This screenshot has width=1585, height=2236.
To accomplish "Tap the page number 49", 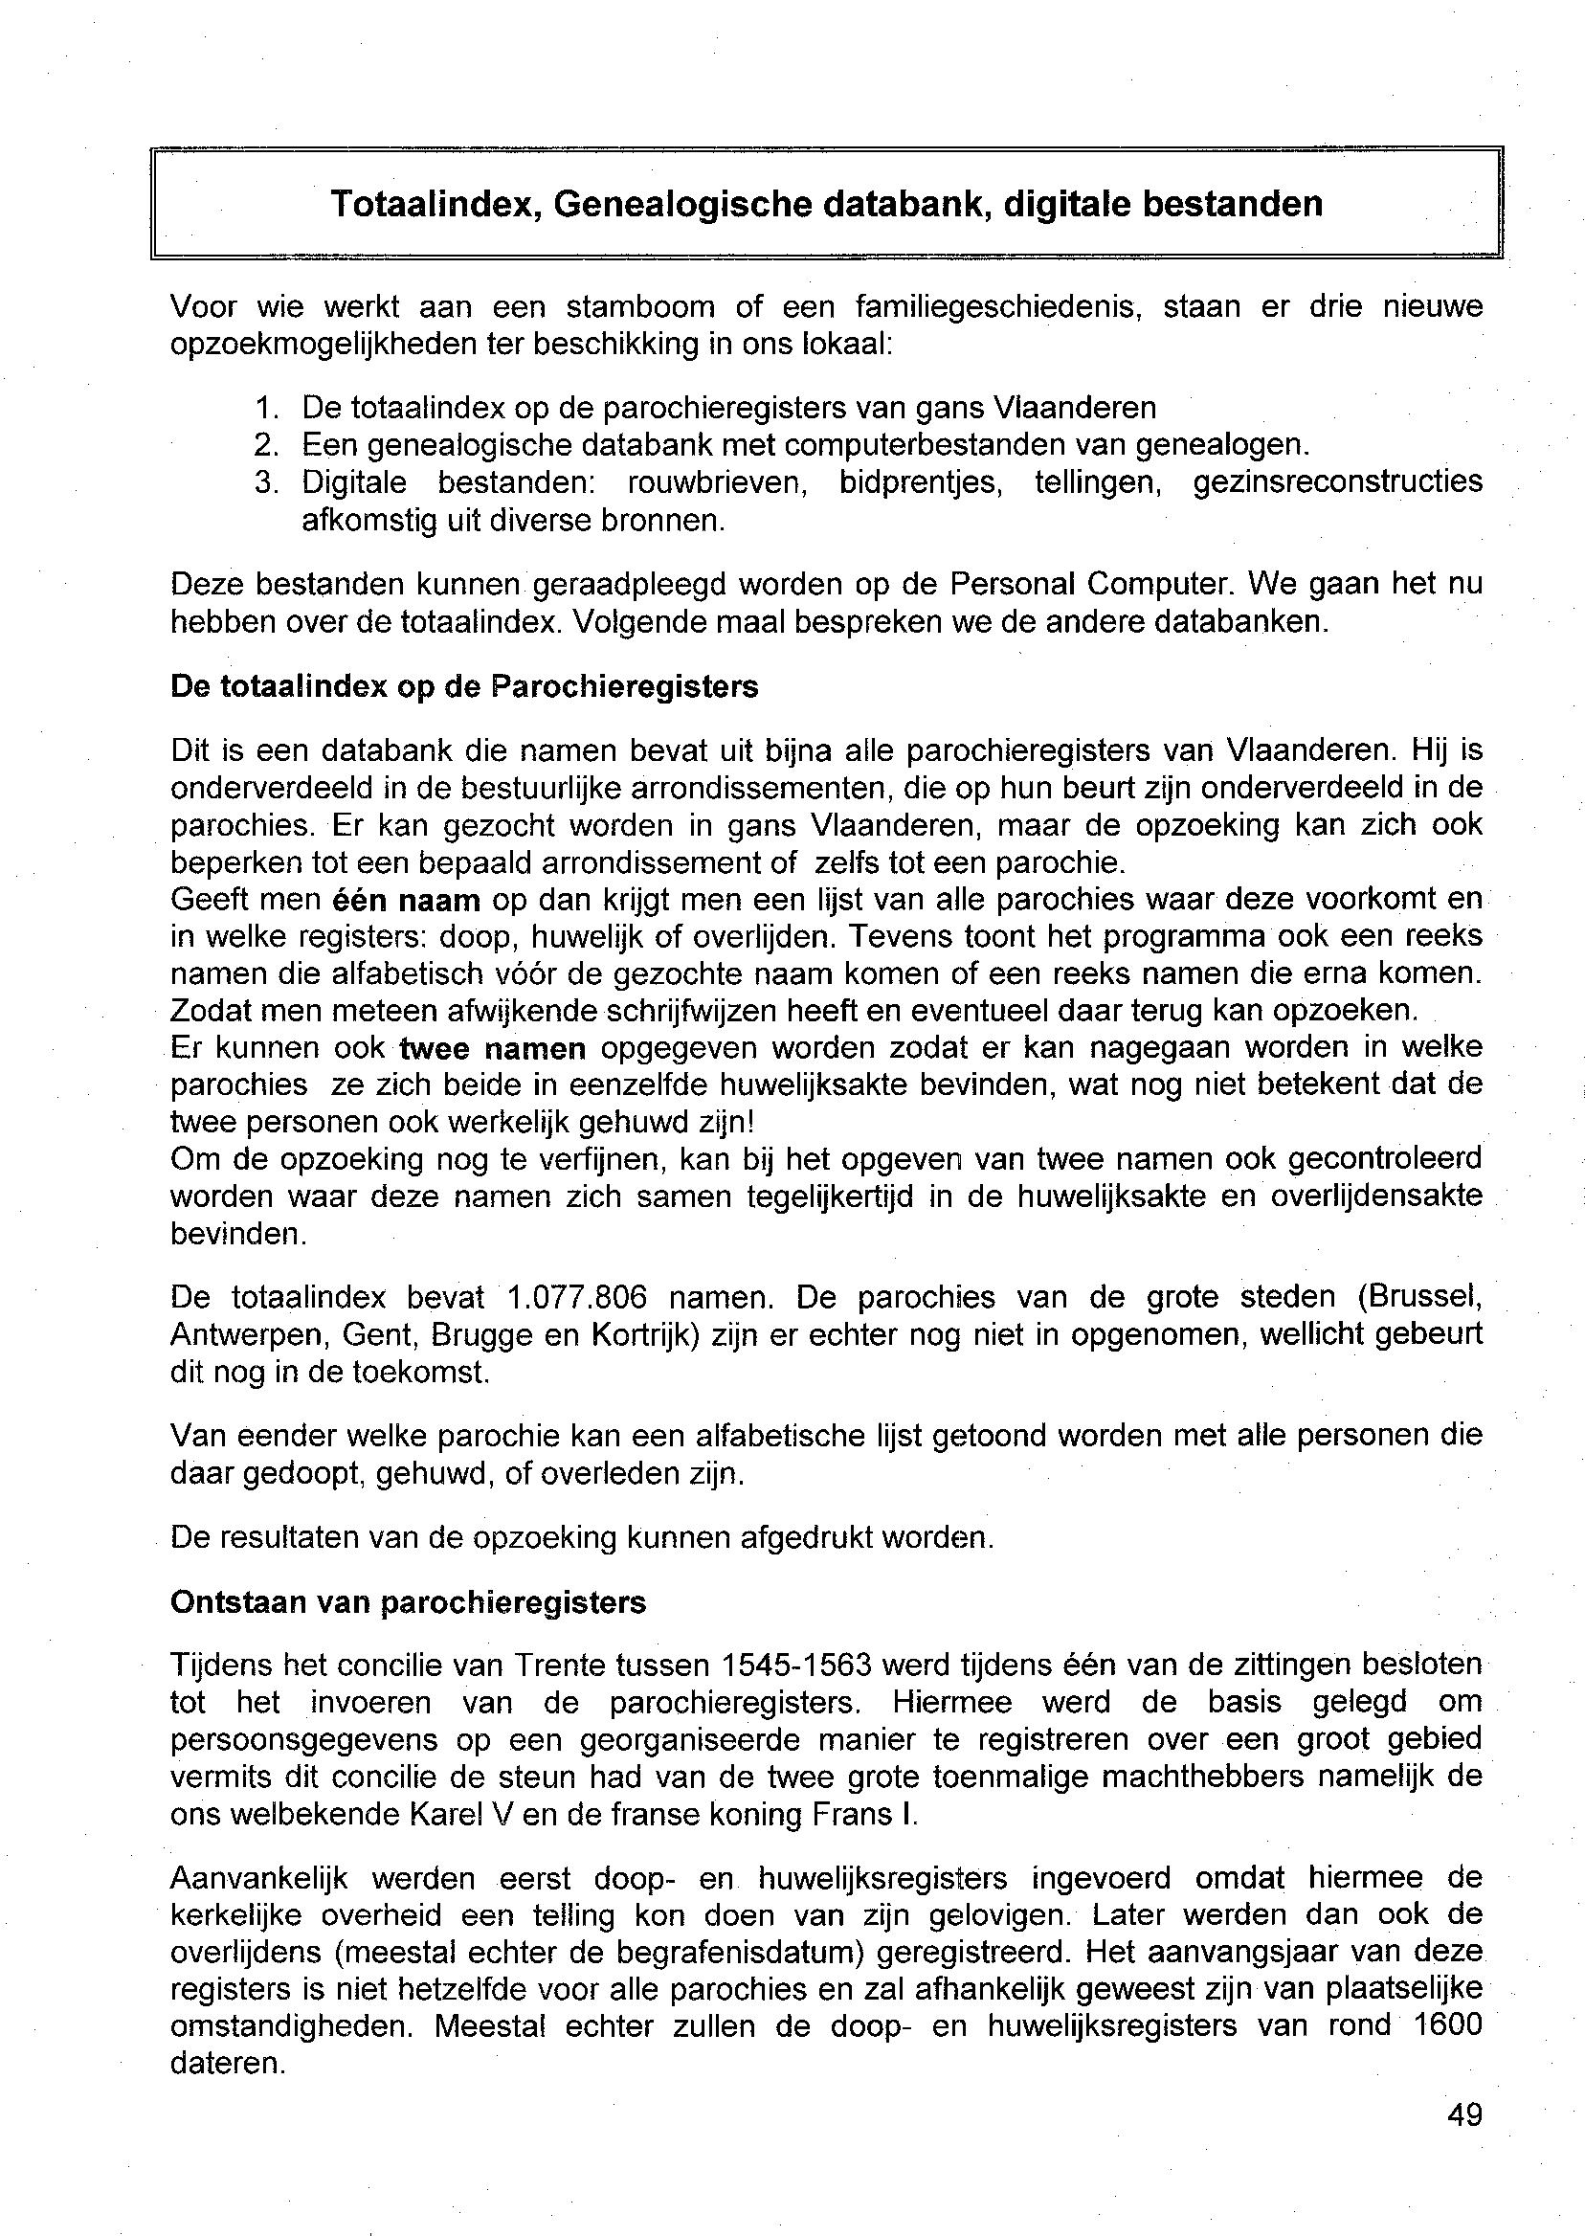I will coord(1465,2114).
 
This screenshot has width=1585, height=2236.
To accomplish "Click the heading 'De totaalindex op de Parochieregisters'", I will coord(463,687).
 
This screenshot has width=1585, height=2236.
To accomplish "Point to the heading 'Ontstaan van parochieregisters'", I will coord(408,1602).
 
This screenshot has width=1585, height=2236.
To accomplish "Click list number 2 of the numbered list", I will coord(265,445).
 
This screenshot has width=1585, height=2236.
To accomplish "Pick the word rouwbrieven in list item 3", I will coord(717,482).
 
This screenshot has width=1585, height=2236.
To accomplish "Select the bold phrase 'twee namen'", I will coord(493,1049).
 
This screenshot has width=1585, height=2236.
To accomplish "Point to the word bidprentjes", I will coord(921,482).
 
